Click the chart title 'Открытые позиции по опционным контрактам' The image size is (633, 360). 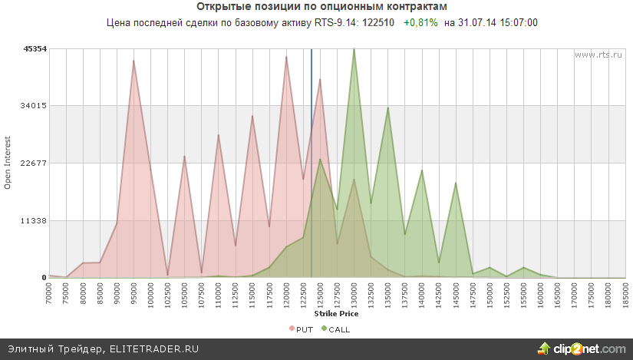tap(316, 6)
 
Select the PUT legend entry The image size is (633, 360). tap(301, 329)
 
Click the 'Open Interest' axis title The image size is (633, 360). tap(8, 163)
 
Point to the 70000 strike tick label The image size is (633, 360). tap(49, 294)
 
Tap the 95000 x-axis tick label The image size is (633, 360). tap(134, 294)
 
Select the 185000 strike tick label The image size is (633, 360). tap(625, 294)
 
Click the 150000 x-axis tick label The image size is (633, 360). tap(490, 294)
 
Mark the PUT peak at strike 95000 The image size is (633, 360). tap(134, 61)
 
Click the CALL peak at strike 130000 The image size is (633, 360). tap(354, 49)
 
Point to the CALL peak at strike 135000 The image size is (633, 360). tap(387, 107)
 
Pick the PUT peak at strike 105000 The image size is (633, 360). tap(184, 157)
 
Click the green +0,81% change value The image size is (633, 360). tap(420, 23)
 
